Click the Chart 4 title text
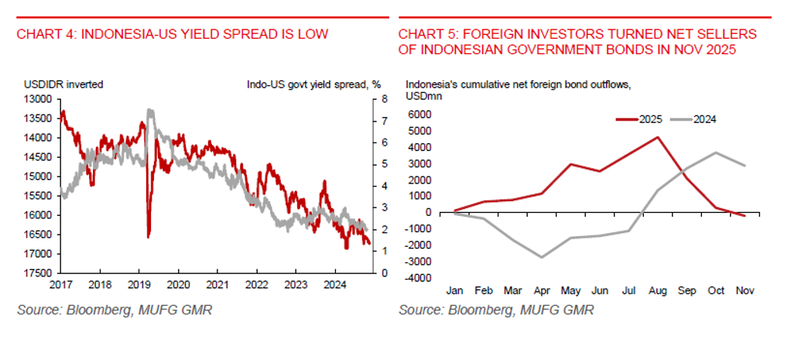pyautogui.click(x=173, y=34)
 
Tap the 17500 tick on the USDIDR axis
pyautogui.click(x=38, y=273)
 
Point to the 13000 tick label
pyautogui.click(x=38, y=99)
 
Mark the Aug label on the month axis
pyautogui.click(x=657, y=290)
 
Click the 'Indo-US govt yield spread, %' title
pyautogui.click(x=314, y=84)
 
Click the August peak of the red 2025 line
pyautogui.click(x=657, y=137)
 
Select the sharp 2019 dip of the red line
pyautogui.click(x=148, y=236)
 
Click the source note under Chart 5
pyautogui.click(x=496, y=310)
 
